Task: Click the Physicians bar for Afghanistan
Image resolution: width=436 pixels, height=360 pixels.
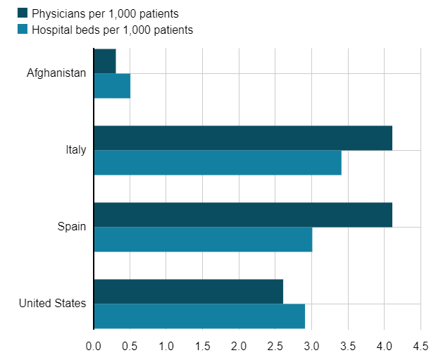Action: point(105,61)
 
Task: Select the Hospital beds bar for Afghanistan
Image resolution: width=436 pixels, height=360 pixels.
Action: point(112,86)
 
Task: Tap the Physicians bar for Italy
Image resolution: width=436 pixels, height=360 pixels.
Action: point(242,138)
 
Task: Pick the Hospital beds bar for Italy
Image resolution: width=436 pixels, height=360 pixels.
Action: point(217,163)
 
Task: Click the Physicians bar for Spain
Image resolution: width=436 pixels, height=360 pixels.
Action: point(242,215)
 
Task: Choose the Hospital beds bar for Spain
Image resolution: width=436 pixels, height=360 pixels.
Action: point(203,240)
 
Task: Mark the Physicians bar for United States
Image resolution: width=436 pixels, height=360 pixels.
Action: point(188,292)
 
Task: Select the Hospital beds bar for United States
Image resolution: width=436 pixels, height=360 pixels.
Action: point(199,316)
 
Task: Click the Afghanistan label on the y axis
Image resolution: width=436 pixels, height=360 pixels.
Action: point(56,73)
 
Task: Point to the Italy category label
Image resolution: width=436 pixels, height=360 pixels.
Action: point(75,150)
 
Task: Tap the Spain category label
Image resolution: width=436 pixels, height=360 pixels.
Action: point(72,227)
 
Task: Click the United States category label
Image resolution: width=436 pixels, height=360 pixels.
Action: point(53,304)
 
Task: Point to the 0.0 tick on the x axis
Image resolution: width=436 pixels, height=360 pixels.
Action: point(94,346)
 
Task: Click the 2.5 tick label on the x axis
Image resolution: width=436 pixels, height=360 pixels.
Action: point(275,346)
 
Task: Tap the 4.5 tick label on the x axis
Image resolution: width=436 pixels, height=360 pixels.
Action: point(421,346)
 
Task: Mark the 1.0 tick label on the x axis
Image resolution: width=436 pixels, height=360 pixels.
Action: point(166,346)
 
